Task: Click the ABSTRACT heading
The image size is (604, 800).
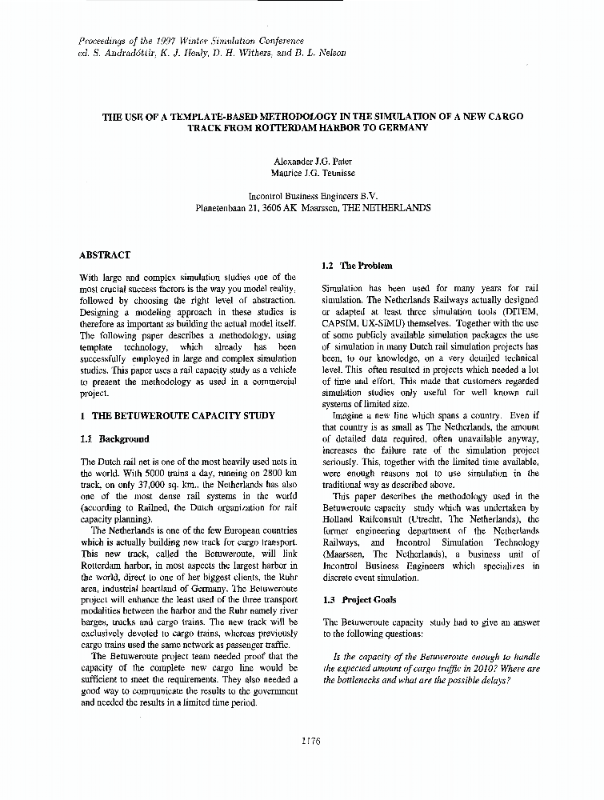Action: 105,255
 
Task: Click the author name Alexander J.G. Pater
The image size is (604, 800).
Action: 313,160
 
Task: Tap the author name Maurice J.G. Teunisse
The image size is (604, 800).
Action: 313,172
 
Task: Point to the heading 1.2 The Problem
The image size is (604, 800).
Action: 357,266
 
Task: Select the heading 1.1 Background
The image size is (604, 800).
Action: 115,438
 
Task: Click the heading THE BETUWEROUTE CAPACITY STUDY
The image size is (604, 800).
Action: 183,416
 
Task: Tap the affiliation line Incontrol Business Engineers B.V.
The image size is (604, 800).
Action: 313,195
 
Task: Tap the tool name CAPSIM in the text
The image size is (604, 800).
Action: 341,322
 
